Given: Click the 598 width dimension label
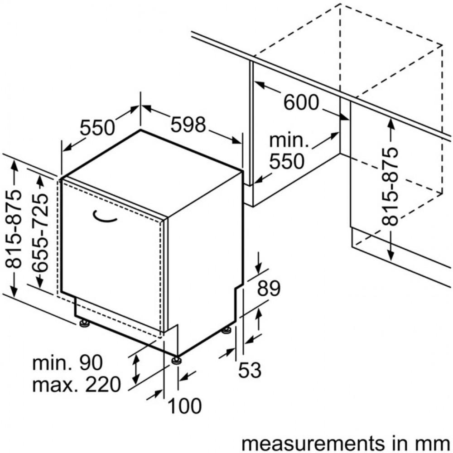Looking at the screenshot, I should [188, 125].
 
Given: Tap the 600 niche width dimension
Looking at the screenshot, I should [301, 103].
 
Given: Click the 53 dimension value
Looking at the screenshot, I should [250, 371].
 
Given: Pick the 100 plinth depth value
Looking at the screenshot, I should [185, 406].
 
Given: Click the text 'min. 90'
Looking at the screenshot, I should [67, 363].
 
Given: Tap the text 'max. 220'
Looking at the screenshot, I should [77, 385].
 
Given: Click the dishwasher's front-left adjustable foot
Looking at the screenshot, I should [84, 323].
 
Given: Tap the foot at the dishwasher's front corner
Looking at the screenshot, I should [176, 360].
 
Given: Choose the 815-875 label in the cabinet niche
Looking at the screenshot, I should [389, 186].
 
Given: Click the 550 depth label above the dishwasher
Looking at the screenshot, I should [98, 128].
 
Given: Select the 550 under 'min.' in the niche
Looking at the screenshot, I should [286, 161].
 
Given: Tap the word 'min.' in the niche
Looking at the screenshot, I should [289, 140].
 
